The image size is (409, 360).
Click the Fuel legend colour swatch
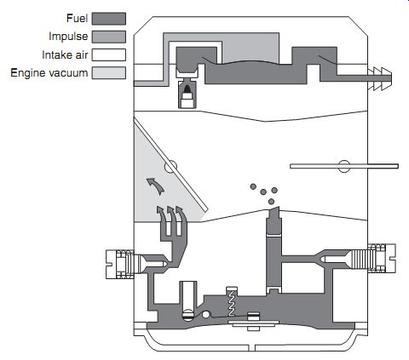(109, 19)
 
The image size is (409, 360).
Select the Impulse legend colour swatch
(109, 37)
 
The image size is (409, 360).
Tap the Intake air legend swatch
(109, 54)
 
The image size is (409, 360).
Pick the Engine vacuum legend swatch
(109, 73)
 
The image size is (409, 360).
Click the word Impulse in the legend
(68, 37)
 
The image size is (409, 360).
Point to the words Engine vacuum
(49, 73)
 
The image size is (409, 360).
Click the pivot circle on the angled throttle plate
(171, 167)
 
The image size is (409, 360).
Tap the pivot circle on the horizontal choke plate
(344, 166)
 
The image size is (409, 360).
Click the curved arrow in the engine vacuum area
(156, 186)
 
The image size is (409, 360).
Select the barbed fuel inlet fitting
(380, 78)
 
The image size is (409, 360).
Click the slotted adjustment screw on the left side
(120, 265)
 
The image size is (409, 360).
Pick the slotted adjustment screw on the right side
(382, 258)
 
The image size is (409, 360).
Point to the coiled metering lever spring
(232, 303)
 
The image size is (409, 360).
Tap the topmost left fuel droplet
(253, 186)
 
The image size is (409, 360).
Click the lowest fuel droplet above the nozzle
(271, 202)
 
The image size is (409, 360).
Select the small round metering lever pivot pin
(206, 314)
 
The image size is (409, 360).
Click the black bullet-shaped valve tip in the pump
(187, 89)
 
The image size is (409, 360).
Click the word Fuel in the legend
(77, 19)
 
